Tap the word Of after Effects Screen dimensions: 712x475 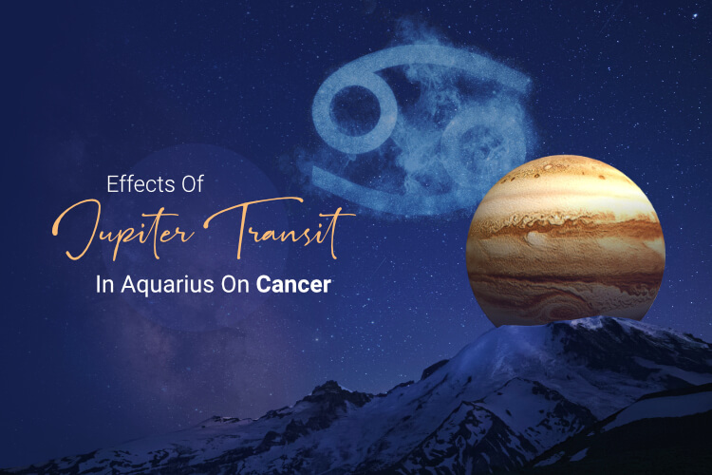pyautogui.click(x=192, y=184)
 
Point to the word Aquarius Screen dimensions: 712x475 pyautogui.click(x=167, y=285)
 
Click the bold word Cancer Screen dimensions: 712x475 pyautogui.click(x=293, y=285)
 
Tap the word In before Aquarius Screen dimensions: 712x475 pyautogui.click(x=104, y=285)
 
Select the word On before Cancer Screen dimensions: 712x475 pyautogui.click(x=235, y=285)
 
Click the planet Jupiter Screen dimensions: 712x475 pyautogui.click(x=566, y=241)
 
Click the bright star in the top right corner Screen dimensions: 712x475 pyautogui.click(x=695, y=16)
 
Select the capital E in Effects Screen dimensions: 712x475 pyautogui.click(x=112, y=184)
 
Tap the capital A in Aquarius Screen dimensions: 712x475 pyautogui.click(x=128, y=285)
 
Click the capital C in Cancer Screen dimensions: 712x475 pyautogui.click(x=264, y=285)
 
